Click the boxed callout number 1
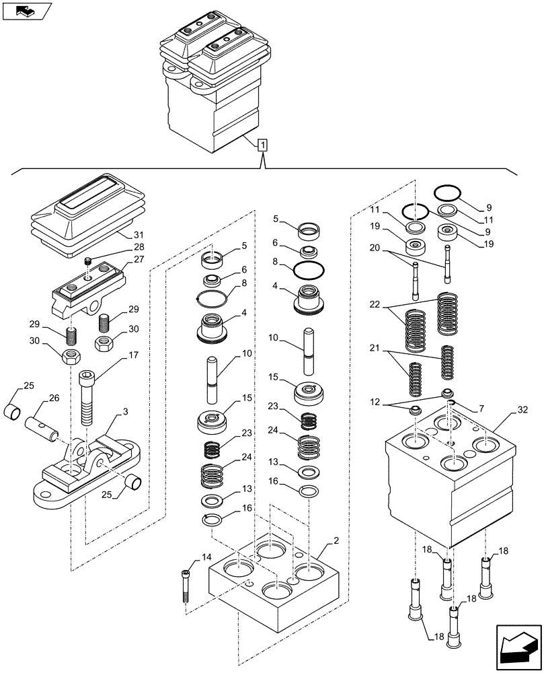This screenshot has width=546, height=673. click(263, 144)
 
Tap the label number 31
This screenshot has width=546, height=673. click(139, 235)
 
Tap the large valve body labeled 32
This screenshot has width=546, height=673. click(451, 485)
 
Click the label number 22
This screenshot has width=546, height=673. click(375, 304)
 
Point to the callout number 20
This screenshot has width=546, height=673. click(375, 248)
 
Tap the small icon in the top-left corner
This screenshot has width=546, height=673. click(26, 11)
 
